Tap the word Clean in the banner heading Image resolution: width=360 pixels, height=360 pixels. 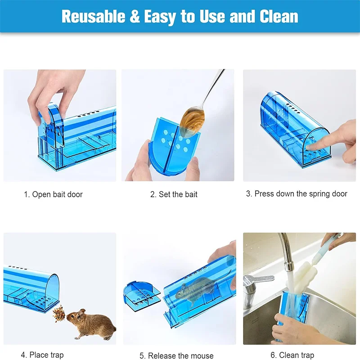coord(279,16)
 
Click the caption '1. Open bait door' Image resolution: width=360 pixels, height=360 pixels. coord(53,194)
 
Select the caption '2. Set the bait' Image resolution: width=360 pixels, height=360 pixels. coord(174,194)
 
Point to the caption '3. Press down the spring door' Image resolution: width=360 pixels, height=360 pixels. coord(297,193)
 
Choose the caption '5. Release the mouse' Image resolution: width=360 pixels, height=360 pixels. coord(180,355)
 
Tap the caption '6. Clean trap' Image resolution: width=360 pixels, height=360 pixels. coord(292,355)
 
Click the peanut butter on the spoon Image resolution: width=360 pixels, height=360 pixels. coord(192,118)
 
